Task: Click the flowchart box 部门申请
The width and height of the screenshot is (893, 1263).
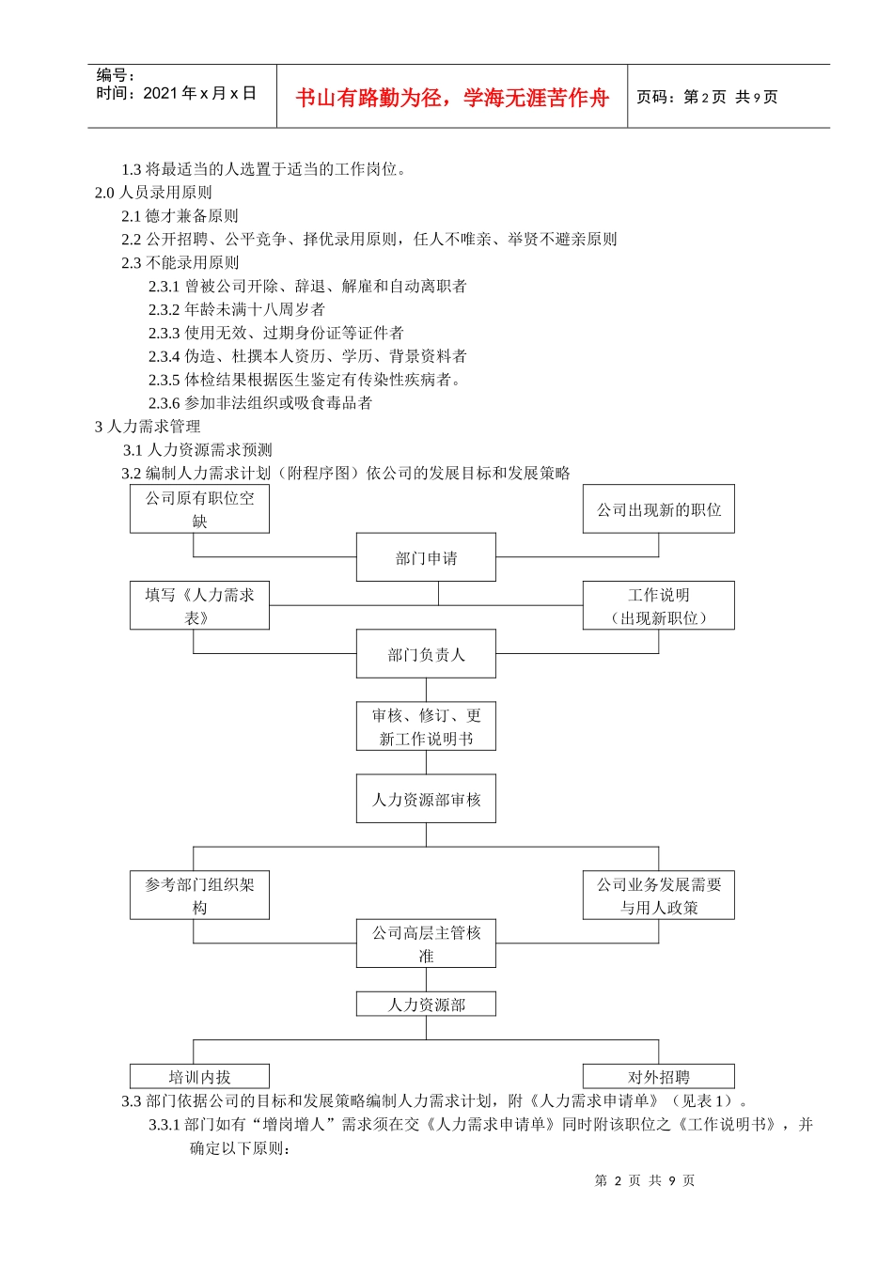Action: pos(426,557)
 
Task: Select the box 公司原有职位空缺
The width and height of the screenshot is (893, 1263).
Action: pos(199,508)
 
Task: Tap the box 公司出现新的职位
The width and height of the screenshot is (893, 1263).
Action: pos(658,509)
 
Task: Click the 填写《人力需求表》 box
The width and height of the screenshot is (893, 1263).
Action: pos(199,605)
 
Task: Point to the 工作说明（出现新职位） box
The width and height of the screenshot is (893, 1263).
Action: pos(658,605)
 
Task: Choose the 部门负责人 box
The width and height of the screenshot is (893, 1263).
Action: pos(426,654)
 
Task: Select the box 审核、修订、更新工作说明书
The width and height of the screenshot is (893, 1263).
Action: pos(426,726)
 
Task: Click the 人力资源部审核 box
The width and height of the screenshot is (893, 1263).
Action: pos(426,799)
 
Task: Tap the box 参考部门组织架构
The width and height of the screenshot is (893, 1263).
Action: pos(199,895)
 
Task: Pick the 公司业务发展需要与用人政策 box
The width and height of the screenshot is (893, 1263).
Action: pos(658,895)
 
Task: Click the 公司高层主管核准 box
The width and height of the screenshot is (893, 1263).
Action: pos(426,943)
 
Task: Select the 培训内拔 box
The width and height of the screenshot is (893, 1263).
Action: pos(199,1077)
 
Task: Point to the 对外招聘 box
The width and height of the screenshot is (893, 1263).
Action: pos(658,1077)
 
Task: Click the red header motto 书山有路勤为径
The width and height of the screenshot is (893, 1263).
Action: pos(452,98)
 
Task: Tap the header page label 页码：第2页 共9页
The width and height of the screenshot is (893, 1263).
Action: pos(707,97)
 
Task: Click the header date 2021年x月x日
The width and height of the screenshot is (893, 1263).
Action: pos(176,93)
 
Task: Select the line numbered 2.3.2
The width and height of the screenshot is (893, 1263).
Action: pos(237,309)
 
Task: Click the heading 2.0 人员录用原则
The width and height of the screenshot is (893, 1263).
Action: pos(153,193)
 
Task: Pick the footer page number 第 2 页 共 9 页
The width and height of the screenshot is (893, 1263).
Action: pos(645,1180)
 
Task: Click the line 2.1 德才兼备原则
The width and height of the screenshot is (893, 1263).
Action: pos(180,216)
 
